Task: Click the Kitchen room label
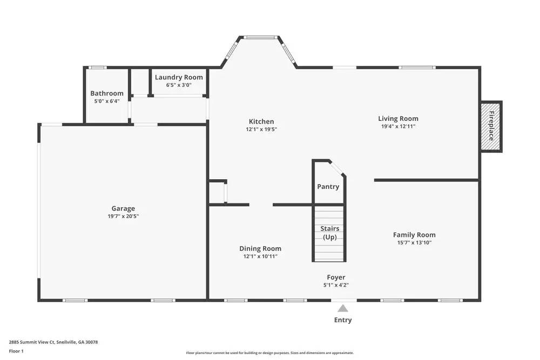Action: (261, 121)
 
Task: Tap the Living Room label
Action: (398, 118)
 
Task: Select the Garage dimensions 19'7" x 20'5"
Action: (123, 216)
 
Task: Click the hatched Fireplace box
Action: (491, 126)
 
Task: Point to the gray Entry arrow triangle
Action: (343, 308)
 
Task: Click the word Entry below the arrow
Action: (343, 320)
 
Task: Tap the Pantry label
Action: (328, 187)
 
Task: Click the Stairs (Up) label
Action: (329, 233)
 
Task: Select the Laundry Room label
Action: (179, 77)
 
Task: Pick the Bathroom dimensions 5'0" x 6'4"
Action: (107, 101)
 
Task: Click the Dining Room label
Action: (260, 248)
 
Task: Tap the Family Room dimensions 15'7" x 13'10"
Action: (414, 243)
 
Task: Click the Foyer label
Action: (336, 277)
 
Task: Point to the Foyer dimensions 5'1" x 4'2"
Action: (336, 285)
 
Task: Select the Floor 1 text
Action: (16, 351)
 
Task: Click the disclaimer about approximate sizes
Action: (269, 353)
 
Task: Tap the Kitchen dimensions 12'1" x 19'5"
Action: (261, 130)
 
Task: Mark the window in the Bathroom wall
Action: (97, 67)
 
